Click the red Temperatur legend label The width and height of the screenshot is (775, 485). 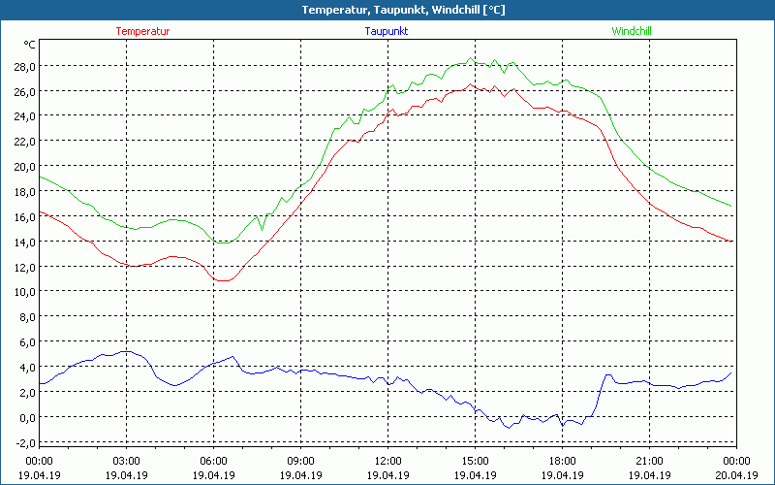click(142, 31)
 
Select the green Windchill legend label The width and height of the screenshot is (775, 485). click(632, 31)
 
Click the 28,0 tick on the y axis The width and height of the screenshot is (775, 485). click(23, 66)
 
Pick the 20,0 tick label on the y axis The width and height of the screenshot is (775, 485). click(23, 166)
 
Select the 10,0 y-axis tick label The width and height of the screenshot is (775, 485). click(23, 291)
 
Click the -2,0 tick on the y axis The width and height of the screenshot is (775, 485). click(23, 442)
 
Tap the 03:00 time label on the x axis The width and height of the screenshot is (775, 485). click(126, 461)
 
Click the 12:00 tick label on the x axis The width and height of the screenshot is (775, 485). click(387, 461)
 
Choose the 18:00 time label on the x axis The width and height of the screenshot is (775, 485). click(562, 461)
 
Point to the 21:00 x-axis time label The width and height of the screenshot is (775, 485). click(649, 461)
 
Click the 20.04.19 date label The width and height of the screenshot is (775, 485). click(735, 475)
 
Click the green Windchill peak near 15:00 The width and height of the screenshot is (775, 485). click(471, 58)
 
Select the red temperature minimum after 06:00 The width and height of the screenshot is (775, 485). click(223, 280)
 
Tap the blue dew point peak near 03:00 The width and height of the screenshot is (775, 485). click(126, 351)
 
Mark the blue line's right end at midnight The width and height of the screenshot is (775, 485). click(732, 372)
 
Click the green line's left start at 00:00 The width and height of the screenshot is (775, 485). click(40, 177)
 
